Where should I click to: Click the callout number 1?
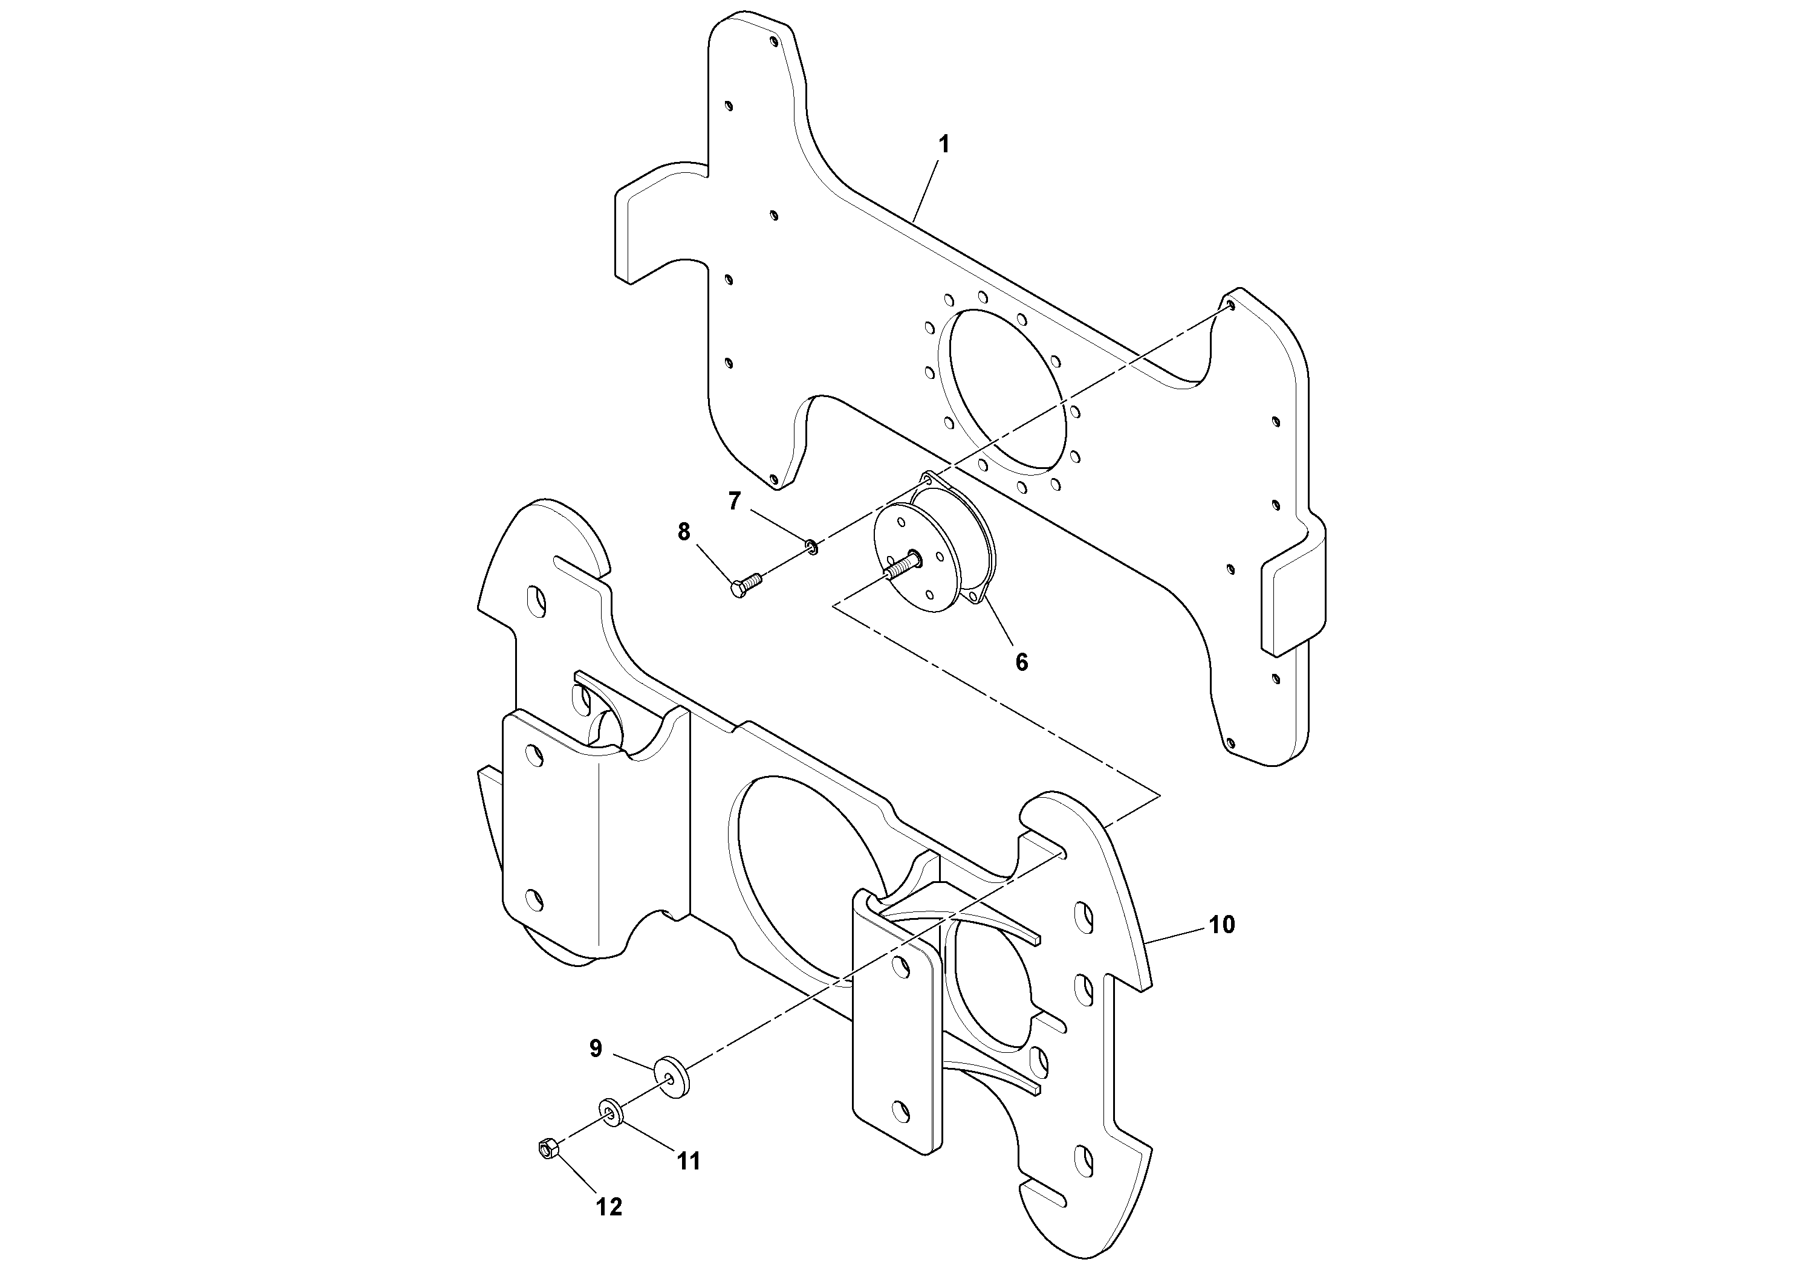click(944, 144)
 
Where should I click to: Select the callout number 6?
click(1021, 662)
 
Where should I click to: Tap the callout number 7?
click(734, 500)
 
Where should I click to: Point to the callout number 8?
click(684, 532)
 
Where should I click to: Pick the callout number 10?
click(1221, 925)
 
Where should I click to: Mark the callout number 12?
click(608, 1208)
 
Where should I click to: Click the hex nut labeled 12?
click(547, 1150)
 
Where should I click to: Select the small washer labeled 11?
click(610, 1111)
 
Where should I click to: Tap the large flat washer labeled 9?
click(672, 1075)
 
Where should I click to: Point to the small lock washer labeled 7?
click(812, 545)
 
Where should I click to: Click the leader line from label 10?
click(1176, 935)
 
